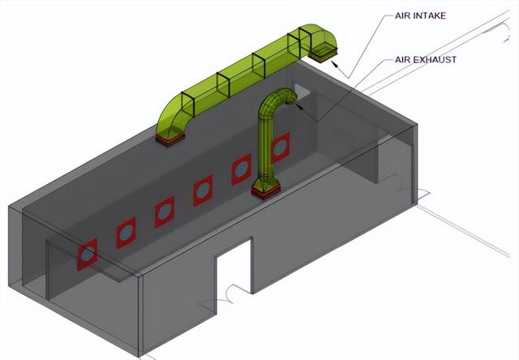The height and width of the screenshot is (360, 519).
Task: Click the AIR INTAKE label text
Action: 420,15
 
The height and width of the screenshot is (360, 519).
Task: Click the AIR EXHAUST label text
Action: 426,59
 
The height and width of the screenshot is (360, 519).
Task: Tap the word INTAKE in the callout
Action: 429,15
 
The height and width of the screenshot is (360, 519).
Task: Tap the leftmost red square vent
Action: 88,255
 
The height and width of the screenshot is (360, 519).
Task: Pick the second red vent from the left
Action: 126,234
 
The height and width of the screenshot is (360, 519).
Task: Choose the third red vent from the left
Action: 165,212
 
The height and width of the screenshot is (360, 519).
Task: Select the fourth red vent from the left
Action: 203,191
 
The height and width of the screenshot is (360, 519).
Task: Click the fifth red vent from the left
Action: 242,169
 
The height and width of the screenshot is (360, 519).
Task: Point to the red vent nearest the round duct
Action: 281,148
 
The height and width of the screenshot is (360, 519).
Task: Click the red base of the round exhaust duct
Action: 266,192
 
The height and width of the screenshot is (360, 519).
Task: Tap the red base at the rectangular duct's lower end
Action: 170,139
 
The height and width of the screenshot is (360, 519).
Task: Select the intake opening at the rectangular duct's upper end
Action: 324,53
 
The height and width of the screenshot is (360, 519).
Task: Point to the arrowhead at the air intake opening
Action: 335,64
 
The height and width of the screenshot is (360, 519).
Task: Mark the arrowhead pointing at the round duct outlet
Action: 300,106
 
